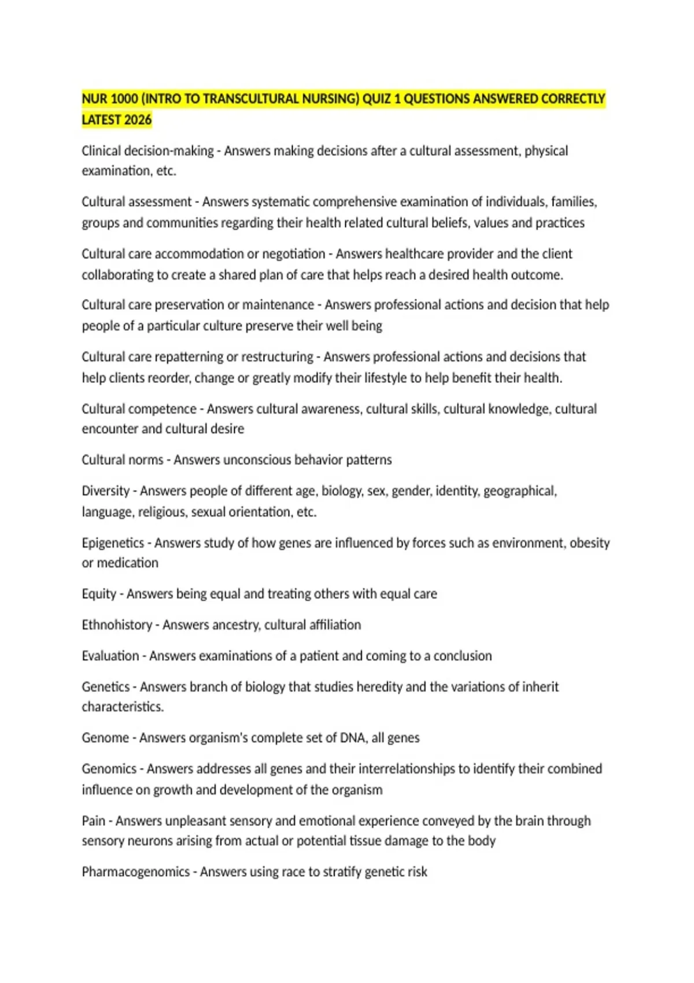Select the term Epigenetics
tap(113, 543)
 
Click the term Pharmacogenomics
tap(135, 871)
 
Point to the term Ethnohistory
tap(117, 625)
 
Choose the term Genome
tap(105, 738)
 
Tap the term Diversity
tap(106, 491)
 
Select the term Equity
tap(99, 594)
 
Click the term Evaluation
tap(110, 656)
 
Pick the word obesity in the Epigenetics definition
tap(589, 543)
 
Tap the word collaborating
tap(119, 275)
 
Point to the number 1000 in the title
tap(124, 99)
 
